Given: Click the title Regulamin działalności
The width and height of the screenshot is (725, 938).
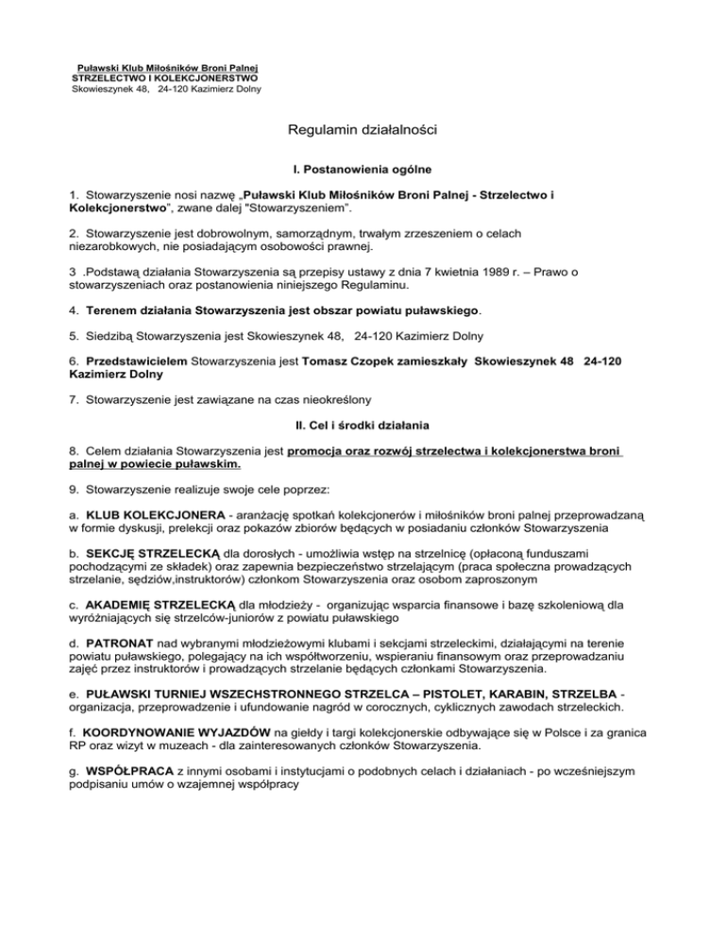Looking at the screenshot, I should (x=362, y=133).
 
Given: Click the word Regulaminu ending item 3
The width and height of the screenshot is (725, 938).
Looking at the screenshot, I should (x=378, y=287).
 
